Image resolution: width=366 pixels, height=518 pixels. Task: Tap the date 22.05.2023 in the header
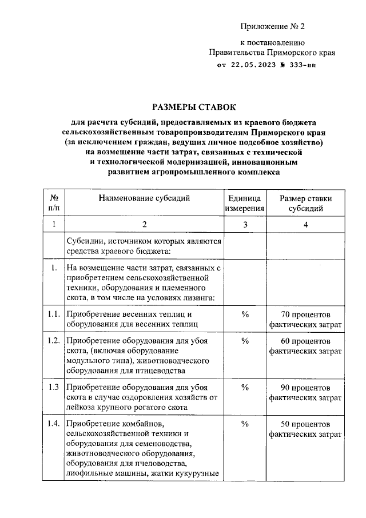254,66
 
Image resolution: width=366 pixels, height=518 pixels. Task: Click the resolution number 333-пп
297,66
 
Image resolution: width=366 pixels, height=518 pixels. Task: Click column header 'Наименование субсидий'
144,198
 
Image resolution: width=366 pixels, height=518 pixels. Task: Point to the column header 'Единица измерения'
245,204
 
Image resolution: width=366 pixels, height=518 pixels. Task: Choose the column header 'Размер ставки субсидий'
305,204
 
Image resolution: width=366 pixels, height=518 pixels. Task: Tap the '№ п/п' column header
54,204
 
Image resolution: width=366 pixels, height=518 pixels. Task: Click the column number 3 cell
245,225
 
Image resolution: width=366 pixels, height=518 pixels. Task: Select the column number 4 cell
305,225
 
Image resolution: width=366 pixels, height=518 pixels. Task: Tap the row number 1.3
54,387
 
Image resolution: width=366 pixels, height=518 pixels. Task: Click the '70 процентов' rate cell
305,320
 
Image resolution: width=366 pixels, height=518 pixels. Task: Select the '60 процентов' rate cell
305,346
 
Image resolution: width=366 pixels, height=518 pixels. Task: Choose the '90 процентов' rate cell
305,392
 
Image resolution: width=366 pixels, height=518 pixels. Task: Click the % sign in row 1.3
245,387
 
